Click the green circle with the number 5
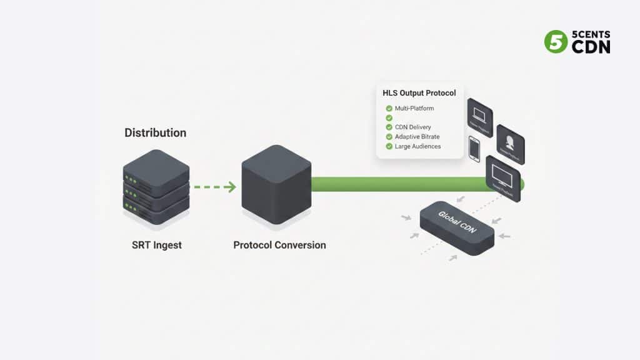556,42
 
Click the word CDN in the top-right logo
591,47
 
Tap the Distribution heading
155,133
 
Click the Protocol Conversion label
279,245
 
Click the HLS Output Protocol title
419,93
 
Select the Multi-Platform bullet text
414,109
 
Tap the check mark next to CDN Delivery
389,127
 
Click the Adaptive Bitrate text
417,137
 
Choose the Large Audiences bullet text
417,146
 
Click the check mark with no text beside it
389,118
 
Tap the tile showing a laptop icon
480,117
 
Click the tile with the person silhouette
510,144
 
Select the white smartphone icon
474,149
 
